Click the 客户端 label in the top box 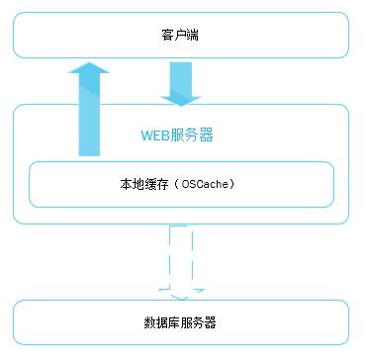[x=180, y=37]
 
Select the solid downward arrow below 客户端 [x=180, y=83]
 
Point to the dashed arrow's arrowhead [x=180, y=292]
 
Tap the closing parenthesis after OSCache [x=235, y=183]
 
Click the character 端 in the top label [x=194, y=37]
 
